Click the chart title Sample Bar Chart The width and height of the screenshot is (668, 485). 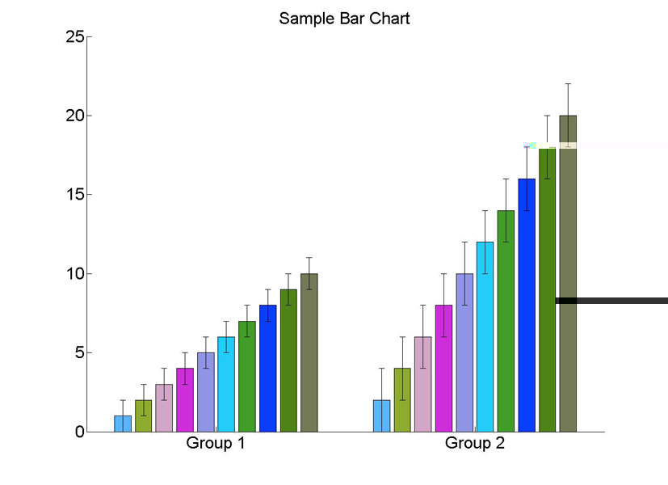point(344,19)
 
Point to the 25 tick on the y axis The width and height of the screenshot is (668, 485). point(75,36)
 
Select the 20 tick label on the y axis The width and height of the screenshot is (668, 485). point(75,116)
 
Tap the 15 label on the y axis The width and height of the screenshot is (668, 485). point(75,194)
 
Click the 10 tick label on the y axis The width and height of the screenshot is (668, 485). point(75,273)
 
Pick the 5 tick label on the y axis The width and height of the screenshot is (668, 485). point(80,352)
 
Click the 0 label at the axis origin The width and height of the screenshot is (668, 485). point(80,432)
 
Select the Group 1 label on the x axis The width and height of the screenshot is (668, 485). point(216,443)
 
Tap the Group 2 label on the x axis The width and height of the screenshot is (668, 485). point(475,443)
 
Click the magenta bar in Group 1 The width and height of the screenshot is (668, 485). point(185,400)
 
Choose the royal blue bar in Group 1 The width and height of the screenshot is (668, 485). point(268,369)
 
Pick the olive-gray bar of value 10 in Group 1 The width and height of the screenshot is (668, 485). point(309,353)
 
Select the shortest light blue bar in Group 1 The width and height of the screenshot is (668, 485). point(123,424)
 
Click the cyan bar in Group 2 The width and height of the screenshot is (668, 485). point(485,337)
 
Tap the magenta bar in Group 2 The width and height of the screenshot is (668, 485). point(443,369)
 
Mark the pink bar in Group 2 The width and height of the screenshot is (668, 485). point(423,385)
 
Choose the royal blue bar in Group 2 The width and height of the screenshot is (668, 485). point(527,306)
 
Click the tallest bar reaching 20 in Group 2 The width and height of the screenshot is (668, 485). point(568,273)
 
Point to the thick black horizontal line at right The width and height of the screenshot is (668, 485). point(611,301)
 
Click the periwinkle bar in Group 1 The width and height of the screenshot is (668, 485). point(206,393)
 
